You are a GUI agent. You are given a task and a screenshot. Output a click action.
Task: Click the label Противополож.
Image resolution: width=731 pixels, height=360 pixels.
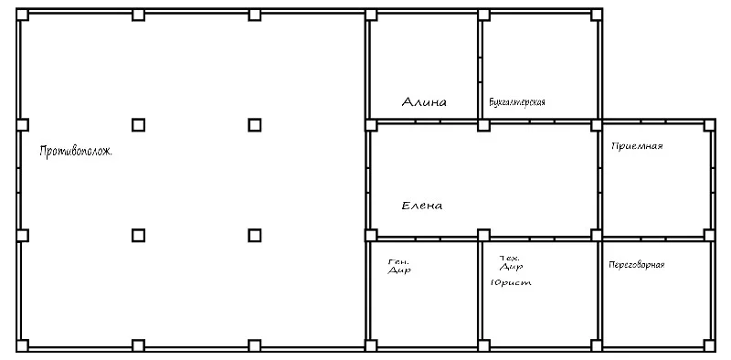(76, 152)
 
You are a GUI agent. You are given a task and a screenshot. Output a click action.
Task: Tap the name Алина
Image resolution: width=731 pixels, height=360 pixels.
(424, 102)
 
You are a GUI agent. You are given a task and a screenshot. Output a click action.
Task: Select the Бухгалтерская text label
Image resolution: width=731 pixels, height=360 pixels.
(517, 102)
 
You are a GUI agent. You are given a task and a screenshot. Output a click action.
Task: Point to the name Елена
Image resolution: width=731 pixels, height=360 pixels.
(422, 206)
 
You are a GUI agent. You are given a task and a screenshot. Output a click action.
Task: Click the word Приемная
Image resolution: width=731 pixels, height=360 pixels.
(637, 146)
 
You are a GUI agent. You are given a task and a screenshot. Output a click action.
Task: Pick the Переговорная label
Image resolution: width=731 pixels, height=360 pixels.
(636, 265)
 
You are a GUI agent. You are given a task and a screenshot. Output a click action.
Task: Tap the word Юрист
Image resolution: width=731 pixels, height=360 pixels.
(511, 282)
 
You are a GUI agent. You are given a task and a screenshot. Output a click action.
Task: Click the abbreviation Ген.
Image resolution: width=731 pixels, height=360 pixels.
(396, 261)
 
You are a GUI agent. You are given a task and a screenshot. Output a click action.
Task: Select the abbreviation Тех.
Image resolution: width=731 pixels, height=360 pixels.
(509, 258)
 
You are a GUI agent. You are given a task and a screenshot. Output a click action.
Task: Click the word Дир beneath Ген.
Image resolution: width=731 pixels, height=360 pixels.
(399, 270)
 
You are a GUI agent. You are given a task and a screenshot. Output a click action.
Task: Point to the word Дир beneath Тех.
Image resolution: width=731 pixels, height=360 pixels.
(511, 267)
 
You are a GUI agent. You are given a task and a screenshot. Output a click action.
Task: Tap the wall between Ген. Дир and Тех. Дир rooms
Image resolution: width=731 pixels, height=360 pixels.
(480, 291)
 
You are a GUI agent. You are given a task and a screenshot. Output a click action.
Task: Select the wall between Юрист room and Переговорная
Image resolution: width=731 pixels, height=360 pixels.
(599, 291)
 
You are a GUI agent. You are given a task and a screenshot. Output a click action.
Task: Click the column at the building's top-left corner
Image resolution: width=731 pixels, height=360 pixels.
(22, 15)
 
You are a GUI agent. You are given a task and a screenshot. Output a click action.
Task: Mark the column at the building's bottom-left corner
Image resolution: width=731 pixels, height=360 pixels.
(22, 345)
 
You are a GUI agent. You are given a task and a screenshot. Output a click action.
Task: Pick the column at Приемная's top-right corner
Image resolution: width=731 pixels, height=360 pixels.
(709, 125)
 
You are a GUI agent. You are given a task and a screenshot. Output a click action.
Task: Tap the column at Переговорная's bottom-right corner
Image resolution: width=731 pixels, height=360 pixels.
(709, 345)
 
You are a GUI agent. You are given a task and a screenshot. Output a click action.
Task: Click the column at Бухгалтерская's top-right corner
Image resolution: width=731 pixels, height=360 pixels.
(597, 15)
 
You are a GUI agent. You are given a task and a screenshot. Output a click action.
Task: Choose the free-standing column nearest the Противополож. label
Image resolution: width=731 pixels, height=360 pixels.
(138, 125)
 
